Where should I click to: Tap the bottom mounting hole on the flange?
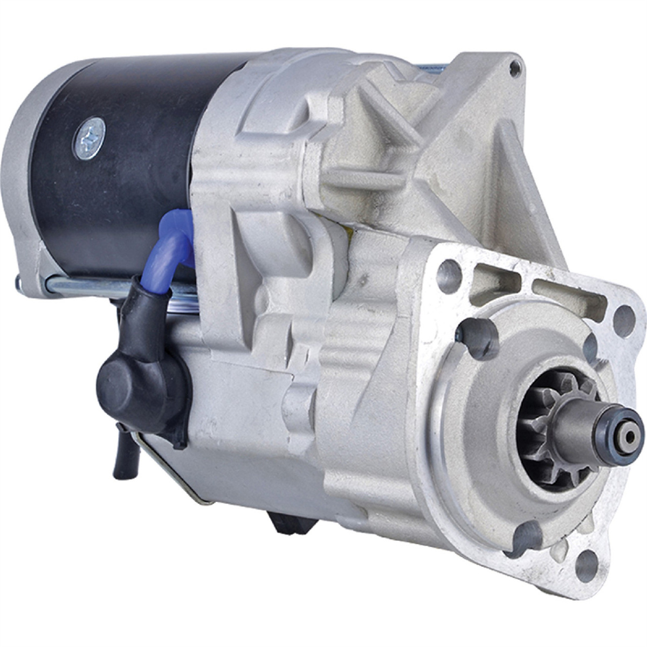click(586, 563)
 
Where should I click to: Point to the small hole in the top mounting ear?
click(515, 67)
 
